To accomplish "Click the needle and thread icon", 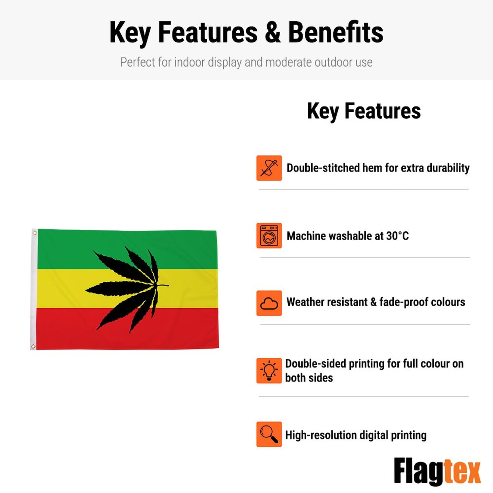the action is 269,168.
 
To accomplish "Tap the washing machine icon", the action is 269,235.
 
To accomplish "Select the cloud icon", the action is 269,303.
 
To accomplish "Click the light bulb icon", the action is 269,371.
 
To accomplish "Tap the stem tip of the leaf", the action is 168,285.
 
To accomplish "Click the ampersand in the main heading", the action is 273,33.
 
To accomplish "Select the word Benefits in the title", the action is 335,33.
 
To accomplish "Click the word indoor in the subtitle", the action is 189,62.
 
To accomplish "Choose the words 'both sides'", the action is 309,378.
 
